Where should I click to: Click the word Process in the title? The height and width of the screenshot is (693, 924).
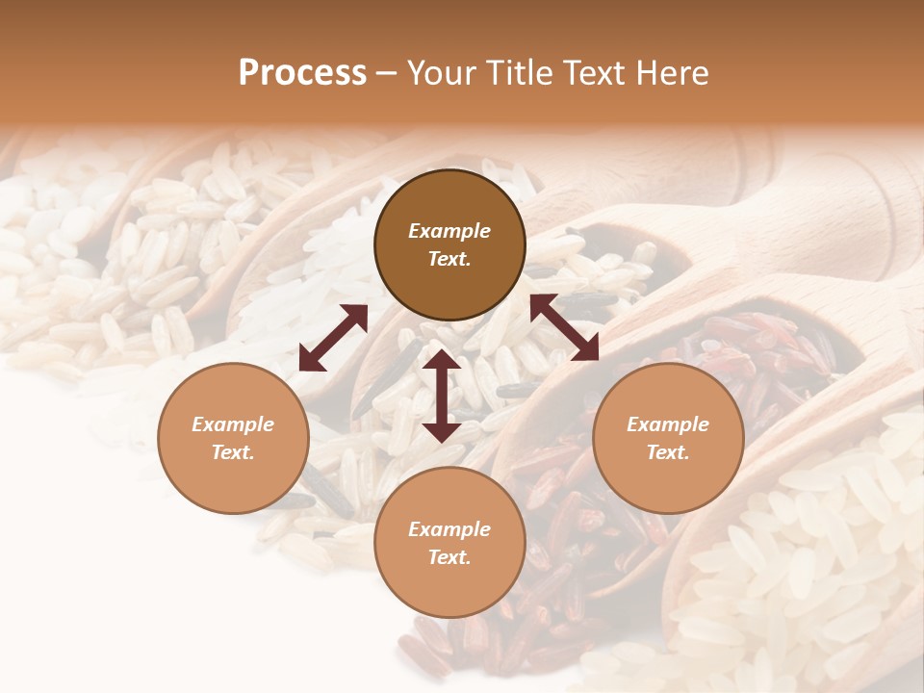coord(302,73)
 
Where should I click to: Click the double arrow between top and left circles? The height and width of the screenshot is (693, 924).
coord(333,338)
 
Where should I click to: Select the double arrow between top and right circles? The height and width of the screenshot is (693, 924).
coord(565,327)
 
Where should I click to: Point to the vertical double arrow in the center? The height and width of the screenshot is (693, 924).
coord(442,396)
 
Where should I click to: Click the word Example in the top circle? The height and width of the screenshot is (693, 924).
coord(449,231)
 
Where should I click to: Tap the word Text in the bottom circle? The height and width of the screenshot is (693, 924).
coord(449,557)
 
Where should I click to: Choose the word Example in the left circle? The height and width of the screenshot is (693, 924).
coord(233,424)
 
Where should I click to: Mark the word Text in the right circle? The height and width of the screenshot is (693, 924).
coord(668,452)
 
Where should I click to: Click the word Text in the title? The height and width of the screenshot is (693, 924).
coord(598,73)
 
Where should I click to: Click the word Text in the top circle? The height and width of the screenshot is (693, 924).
coord(449,260)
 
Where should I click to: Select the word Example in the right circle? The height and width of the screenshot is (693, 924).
coord(668,424)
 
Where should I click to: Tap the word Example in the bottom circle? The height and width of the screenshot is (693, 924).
coord(449,529)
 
